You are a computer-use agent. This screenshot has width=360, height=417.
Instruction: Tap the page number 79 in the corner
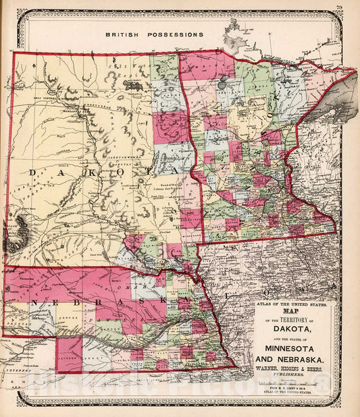pyautogui.click(x=338, y=8)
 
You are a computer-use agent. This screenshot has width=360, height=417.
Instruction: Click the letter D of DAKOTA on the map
pyautogui.click(x=32, y=173)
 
